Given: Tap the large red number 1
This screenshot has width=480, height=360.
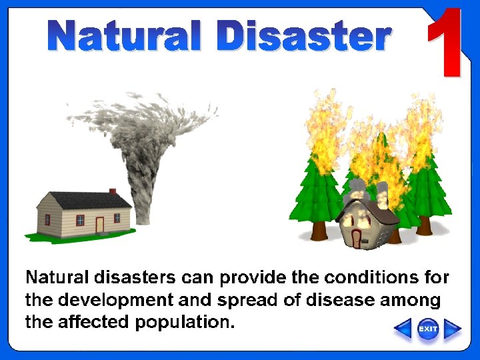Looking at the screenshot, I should pos(445,44).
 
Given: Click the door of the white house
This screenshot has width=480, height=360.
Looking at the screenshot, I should pos(100,225).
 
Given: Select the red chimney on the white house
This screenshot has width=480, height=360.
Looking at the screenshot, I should pos(113,191).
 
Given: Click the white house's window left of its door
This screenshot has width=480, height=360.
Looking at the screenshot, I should pos(80,220).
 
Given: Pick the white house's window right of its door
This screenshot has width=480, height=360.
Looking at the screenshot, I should pos(117,217).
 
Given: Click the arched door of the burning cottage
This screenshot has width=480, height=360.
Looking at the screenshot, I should pos(357,238).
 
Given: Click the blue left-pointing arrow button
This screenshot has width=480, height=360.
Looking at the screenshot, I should pos(403,329).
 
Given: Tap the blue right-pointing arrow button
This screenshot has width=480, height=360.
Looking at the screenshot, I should pos(453,329).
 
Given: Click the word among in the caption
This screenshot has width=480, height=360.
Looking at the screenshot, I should pos(410,300).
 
